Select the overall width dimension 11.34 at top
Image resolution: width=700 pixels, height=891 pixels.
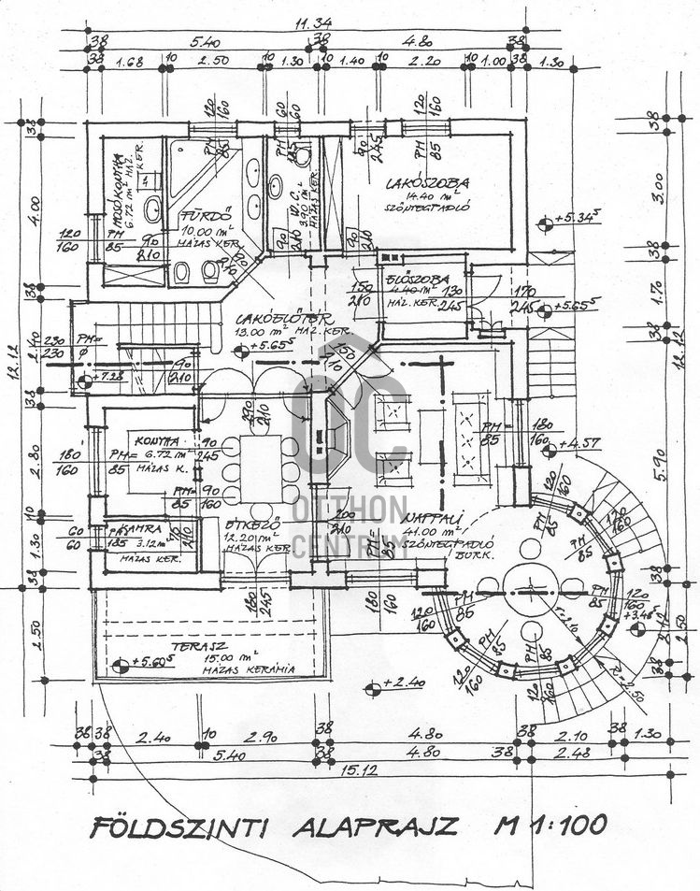(313, 22)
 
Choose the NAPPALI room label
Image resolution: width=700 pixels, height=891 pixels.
(430, 519)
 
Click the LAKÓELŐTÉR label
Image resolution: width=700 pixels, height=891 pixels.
(271, 318)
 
